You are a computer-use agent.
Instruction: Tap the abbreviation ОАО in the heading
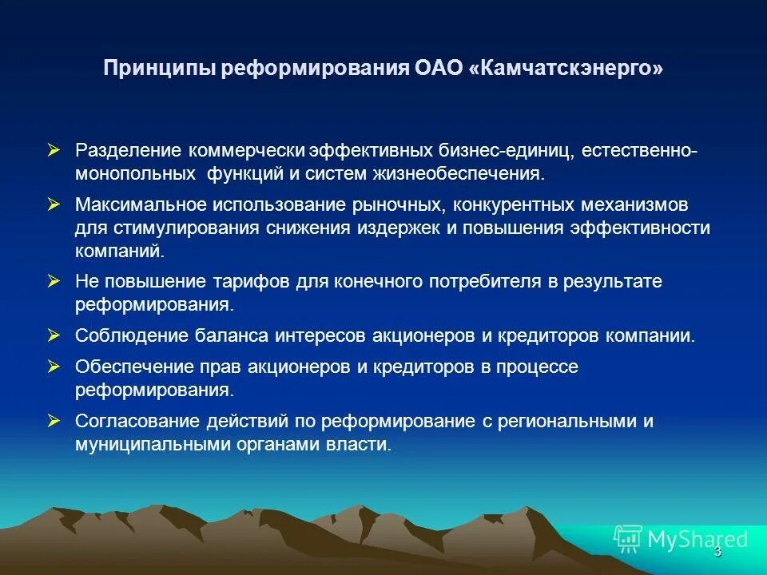tap(435, 69)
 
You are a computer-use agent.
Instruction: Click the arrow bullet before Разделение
tap(54, 150)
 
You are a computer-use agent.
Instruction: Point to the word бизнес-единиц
tap(503, 151)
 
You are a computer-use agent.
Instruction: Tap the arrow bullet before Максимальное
tap(54, 205)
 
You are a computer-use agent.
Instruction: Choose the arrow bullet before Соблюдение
tap(54, 335)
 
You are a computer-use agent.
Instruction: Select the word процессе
tap(531, 367)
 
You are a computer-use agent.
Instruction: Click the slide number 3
tap(717, 552)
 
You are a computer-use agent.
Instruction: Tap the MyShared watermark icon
tap(627, 539)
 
